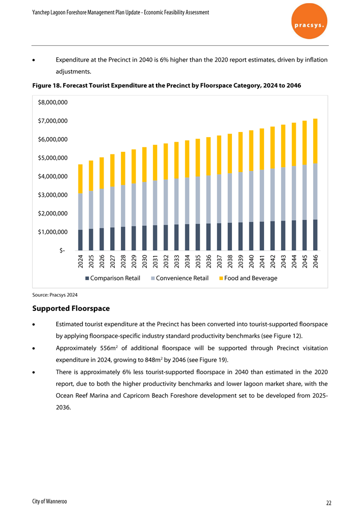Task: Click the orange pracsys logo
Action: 309,21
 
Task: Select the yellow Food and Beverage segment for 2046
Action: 315,141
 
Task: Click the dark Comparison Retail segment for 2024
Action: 80,240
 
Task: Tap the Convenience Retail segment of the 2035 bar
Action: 198,200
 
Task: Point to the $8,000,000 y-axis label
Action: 53,102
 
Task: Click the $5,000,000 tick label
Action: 53,158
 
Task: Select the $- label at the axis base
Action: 62,250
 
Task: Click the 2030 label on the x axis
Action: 144,261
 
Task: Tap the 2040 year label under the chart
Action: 251,261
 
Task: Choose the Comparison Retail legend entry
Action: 113,278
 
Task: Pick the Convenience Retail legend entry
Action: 180,278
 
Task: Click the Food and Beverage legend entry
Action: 248,278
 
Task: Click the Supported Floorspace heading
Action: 71,308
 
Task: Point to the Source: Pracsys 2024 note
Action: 55,295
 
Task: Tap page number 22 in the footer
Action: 329,503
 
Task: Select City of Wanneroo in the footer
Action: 49,502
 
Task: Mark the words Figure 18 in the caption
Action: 46,86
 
